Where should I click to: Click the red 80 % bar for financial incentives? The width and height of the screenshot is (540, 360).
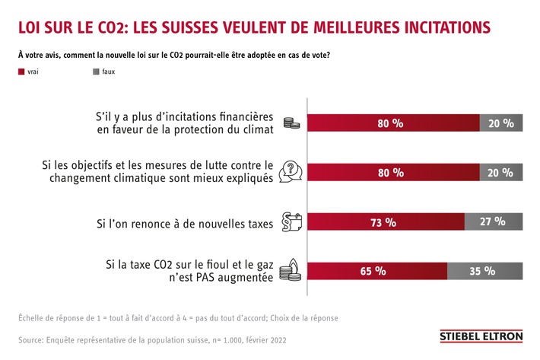point(392,123)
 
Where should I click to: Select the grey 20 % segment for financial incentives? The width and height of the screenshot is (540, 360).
point(501,123)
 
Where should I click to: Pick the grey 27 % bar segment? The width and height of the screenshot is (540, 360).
point(494,222)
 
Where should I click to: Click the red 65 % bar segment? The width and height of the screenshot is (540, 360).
point(376,271)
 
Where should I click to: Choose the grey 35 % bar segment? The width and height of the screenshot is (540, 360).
point(484,271)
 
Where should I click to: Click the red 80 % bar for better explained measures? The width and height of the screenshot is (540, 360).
point(392,172)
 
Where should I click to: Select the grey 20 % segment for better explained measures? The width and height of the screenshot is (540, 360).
point(501,172)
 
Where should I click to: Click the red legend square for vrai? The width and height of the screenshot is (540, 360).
point(21,71)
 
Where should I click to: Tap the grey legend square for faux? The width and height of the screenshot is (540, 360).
point(95,71)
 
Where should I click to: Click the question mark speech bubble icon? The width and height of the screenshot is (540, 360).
point(290,171)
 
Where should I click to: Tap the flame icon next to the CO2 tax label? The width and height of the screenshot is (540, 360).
point(290,269)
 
